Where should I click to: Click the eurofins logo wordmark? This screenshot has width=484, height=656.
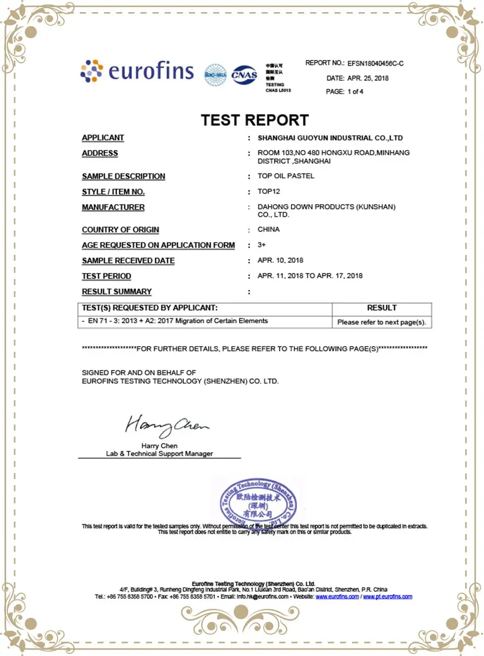tap(151, 71)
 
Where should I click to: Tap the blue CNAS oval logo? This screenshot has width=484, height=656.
tap(245, 75)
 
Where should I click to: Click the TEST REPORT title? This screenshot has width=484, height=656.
tap(255, 120)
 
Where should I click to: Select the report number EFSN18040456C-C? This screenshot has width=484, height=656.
tap(375, 64)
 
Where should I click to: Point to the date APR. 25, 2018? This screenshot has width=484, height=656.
tap(368, 78)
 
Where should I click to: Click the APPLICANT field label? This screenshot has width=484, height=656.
tap(103, 138)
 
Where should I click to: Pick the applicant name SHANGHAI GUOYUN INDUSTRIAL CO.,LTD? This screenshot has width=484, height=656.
tap(330, 138)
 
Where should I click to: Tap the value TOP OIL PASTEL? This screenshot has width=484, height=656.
tap(286, 176)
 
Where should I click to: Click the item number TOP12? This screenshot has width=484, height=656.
tap(269, 192)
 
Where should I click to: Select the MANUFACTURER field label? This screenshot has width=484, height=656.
tap(113, 207)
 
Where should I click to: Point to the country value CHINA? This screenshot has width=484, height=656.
tap(269, 229)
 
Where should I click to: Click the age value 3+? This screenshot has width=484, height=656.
tap(262, 245)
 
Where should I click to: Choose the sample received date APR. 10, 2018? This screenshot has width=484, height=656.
tap(280, 260)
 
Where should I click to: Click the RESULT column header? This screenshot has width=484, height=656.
tap(381, 308)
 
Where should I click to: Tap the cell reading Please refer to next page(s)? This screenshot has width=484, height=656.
tap(381, 322)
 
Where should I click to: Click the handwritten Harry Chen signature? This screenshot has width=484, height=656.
tap(166, 425)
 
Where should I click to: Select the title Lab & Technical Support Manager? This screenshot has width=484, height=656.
tap(159, 454)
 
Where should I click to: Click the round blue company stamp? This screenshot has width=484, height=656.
tap(258, 502)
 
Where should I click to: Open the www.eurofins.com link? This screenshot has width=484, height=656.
tap(337, 597)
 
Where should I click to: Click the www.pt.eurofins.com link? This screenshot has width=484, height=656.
tap(388, 597)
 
